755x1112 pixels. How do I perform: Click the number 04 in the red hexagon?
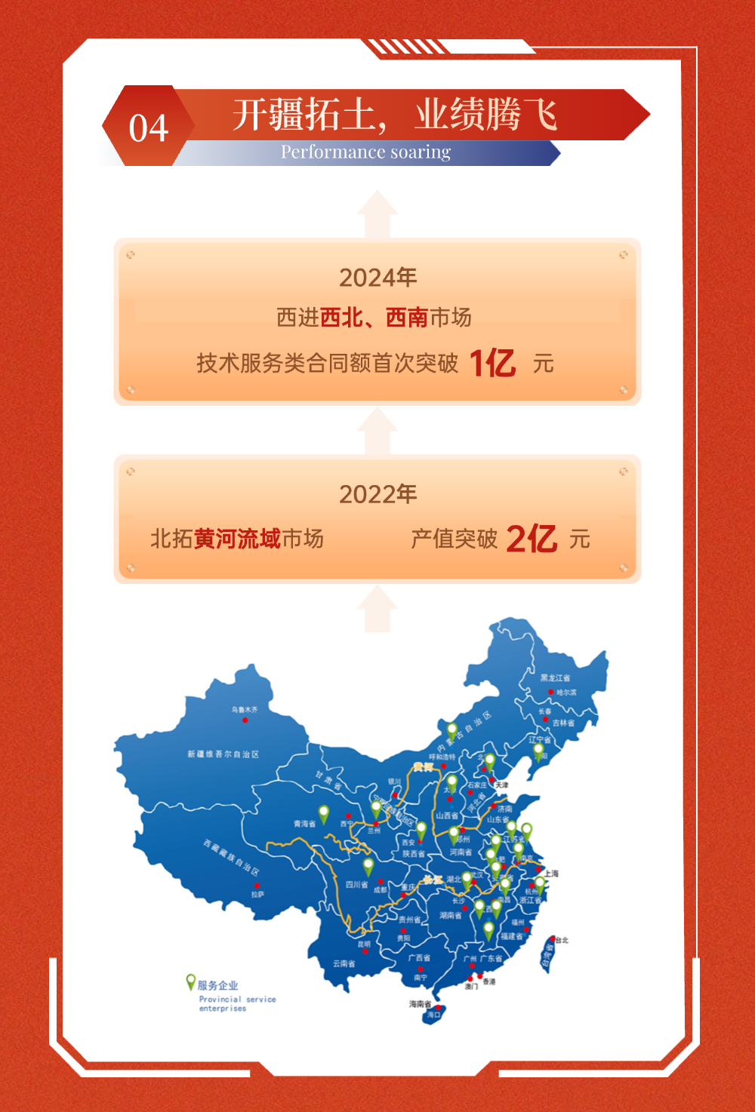tap(148, 128)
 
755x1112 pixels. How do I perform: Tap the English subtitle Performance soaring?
tap(365, 152)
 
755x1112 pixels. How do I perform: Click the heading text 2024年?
tap(377, 278)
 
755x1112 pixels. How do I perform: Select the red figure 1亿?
tap(492, 363)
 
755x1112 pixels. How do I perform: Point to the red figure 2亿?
tap(532, 539)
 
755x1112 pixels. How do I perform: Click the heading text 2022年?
tap(377, 494)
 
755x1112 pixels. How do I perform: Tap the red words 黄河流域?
tap(237, 539)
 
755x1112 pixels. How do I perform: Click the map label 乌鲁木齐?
tap(245, 710)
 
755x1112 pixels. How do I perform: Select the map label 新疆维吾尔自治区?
tap(223, 754)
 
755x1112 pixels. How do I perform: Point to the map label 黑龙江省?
tap(555, 678)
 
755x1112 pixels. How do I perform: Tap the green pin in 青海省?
tap(324, 813)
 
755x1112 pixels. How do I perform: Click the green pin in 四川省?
tap(368, 865)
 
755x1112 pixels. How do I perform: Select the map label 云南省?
tap(344, 963)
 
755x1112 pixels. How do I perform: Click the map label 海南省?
tap(420, 1004)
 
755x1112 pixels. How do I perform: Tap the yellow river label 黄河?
tap(424, 766)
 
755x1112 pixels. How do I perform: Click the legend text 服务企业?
tap(217, 985)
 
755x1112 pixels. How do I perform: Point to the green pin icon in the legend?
tap(191, 981)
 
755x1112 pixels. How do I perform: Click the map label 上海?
tap(552, 874)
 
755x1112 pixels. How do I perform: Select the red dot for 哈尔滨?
tap(551, 692)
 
